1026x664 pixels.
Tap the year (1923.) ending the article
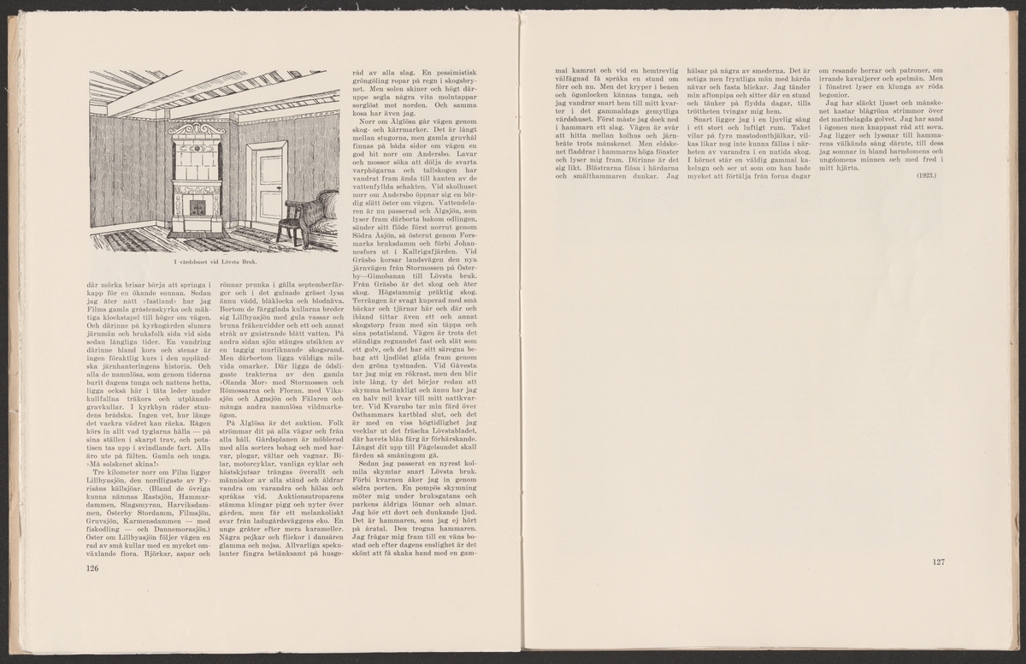coord(926,175)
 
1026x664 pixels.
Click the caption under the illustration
coord(215,261)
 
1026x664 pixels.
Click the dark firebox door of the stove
coord(197,207)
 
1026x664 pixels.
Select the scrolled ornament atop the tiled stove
coord(198,129)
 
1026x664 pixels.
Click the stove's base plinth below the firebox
coord(197,224)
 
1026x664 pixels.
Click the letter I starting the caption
coord(174,261)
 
